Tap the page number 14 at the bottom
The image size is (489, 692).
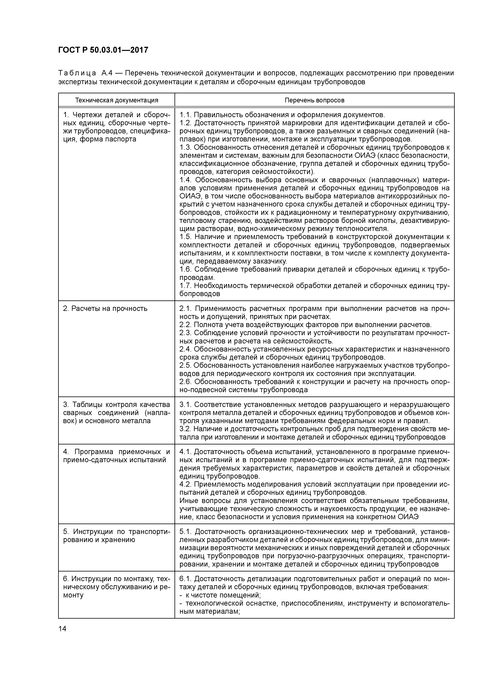click(x=62, y=629)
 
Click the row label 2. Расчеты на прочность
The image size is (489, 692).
click(x=105, y=309)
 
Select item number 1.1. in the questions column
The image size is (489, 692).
click(x=186, y=115)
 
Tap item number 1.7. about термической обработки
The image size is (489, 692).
click(x=186, y=285)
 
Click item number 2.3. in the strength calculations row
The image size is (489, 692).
click(x=186, y=333)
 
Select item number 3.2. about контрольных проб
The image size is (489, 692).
click(x=186, y=429)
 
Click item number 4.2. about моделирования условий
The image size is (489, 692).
click(x=186, y=484)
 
